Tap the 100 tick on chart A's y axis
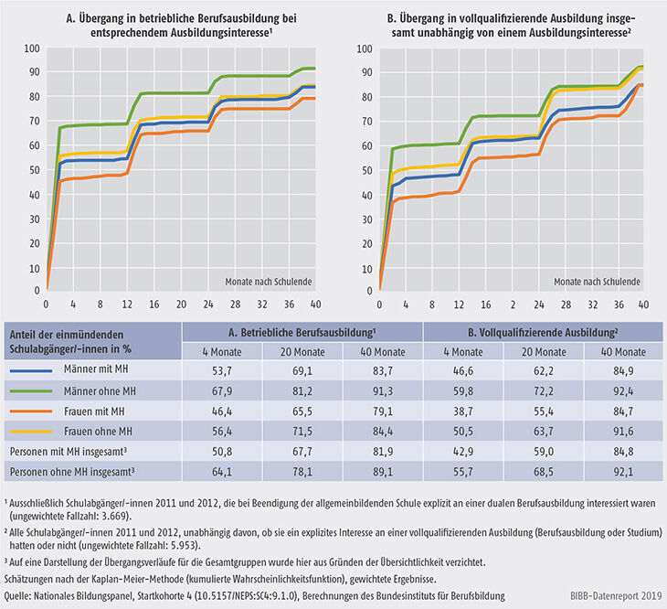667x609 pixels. pyautogui.click(x=32, y=48)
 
